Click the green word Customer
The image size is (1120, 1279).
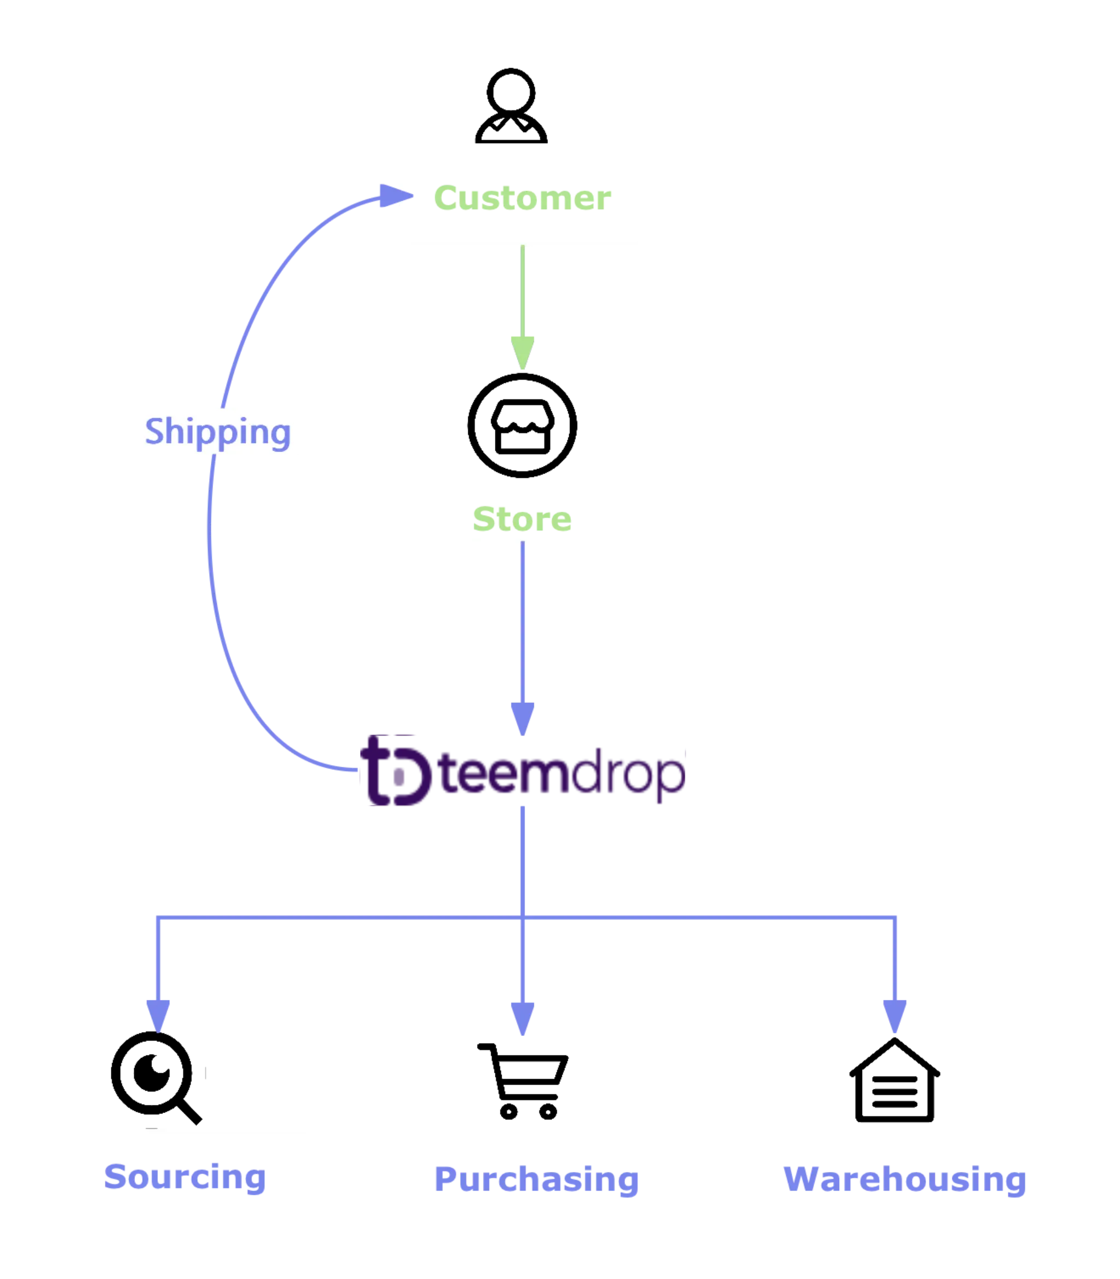tap(521, 198)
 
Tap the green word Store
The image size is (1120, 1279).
tap(522, 519)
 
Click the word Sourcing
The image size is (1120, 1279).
tap(185, 1177)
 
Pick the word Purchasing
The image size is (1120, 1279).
tap(537, 1179)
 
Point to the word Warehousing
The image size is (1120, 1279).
tap(904, 1179)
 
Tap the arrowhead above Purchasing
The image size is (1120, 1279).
tap(522, 1019)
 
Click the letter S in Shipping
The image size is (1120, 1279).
tap(155, 430)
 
